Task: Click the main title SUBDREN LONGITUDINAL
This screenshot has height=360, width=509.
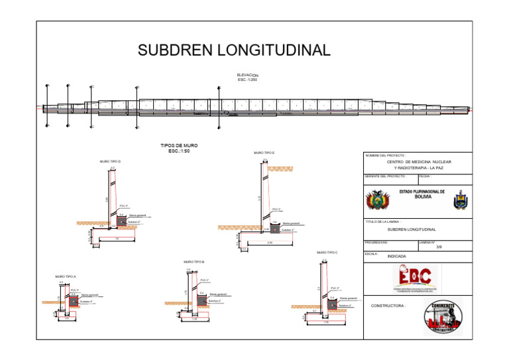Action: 233,50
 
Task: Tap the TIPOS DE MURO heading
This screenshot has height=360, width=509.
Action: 179,145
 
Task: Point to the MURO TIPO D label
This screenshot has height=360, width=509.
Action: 110,161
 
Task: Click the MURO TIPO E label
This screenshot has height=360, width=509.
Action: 264,153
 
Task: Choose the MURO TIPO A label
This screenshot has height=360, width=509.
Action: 66,276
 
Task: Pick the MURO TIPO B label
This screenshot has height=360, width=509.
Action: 194,262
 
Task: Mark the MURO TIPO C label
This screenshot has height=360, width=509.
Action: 327,253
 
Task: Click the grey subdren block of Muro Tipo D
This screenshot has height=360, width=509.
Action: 121,221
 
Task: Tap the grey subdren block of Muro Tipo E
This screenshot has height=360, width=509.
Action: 274,228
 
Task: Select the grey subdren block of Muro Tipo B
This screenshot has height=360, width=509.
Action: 201,300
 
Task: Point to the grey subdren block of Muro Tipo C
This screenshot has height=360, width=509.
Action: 333,304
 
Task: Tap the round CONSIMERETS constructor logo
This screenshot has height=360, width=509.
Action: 443,316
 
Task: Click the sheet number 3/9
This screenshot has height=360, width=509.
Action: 439,247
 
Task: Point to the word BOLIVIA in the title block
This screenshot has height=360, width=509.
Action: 423,196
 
